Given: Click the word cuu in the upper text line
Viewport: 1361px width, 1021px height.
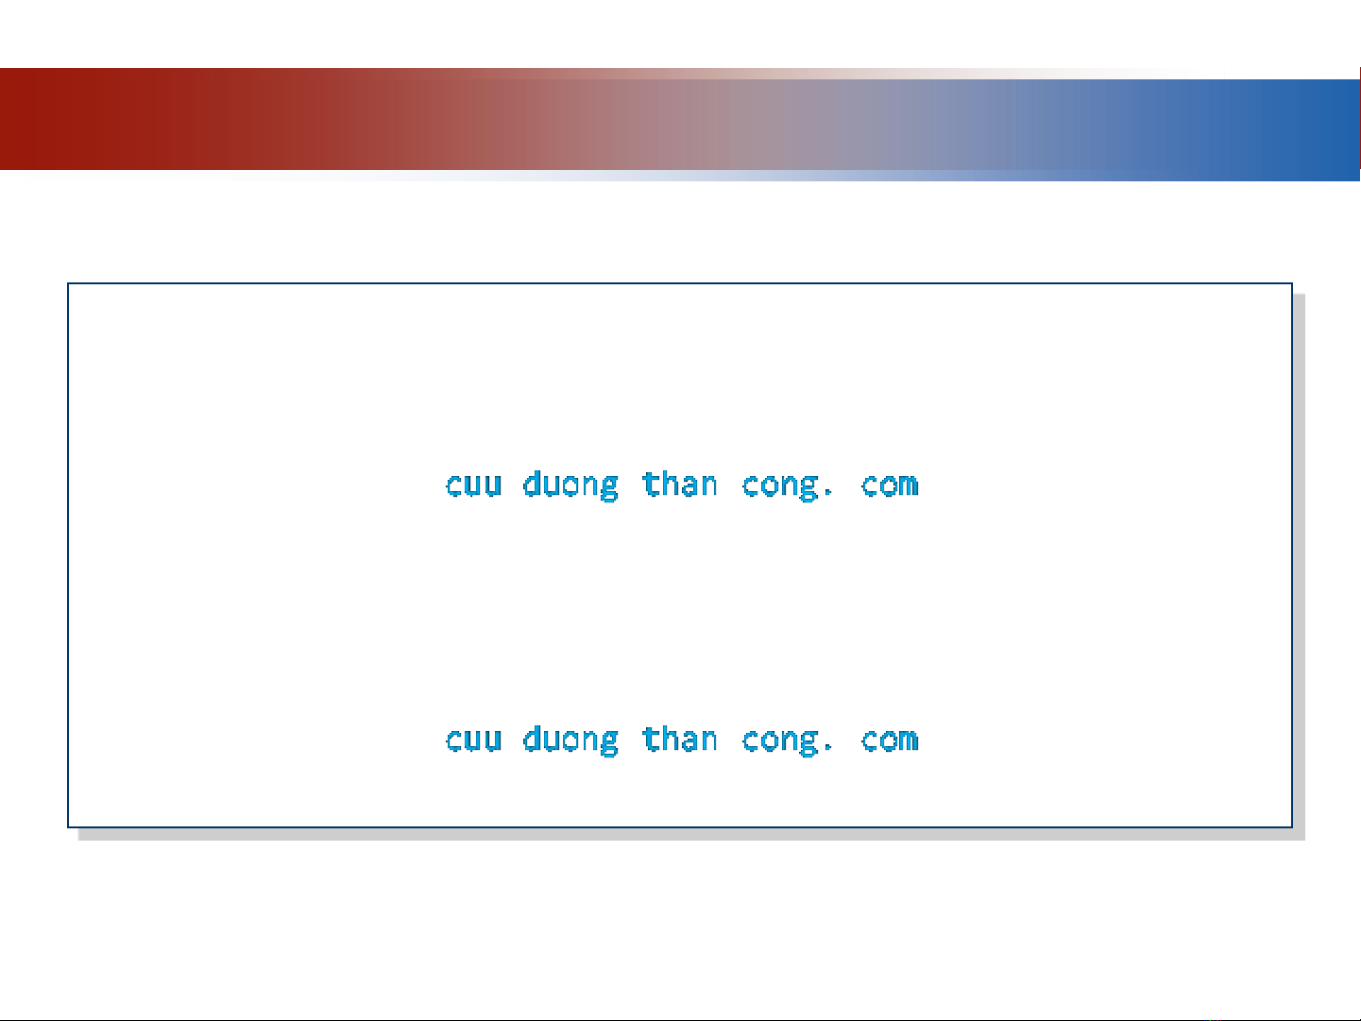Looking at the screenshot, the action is click(473, 485).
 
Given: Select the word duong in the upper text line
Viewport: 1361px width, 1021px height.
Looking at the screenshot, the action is click(570, 485).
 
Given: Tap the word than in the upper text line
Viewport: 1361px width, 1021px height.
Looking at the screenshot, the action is click(680, 484).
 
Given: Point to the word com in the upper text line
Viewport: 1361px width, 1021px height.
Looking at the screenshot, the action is click(890, 485).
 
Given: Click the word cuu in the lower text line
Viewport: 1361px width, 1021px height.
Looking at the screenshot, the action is click(473, 740).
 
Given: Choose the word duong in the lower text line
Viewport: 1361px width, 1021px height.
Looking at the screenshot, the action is click(570, 740).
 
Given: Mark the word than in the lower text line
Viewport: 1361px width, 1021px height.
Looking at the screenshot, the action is click(680, 739).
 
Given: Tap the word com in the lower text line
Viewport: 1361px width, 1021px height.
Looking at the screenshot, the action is click(890, 740).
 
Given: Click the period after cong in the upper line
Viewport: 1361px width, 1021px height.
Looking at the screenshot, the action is click(827, 493).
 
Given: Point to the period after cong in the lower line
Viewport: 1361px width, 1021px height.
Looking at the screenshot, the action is click(827, 748).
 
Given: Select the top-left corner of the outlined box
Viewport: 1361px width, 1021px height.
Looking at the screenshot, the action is click(68, 283).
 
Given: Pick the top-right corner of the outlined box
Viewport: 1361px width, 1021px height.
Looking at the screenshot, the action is click(1292, 283).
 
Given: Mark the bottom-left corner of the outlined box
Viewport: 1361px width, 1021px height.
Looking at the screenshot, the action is click(68, 827).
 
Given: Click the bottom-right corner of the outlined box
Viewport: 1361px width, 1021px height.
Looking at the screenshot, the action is click(1292, 827).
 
